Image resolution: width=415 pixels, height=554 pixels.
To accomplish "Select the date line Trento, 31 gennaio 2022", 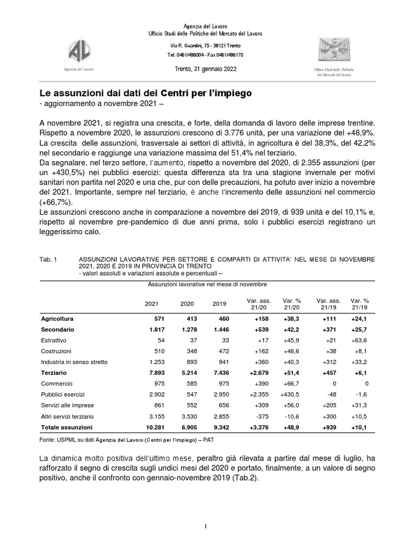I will click(x=205, y=69).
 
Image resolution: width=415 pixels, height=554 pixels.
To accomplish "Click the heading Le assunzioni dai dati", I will click(x=146, y=93).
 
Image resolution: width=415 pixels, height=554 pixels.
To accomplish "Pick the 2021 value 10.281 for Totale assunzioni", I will click(x=151, y=427).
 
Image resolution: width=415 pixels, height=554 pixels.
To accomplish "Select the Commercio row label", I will click(x=56, y=384).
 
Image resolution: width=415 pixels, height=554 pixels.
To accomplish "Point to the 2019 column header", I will click(x=219, y=304).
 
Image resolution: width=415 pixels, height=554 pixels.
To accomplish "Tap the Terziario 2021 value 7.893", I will click(x=151, y=373).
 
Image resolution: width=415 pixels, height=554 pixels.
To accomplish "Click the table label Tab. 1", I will click(x=48, y=260).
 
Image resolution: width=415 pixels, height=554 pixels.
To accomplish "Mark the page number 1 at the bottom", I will click(x=206, y=526).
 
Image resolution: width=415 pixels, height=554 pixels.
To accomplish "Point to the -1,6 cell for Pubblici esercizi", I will click(x=362, y=394).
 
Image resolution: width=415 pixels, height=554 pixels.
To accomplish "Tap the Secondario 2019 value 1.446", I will click(x=219, y=329).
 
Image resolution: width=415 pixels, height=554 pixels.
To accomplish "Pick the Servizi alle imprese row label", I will click(x=65, y=405).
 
